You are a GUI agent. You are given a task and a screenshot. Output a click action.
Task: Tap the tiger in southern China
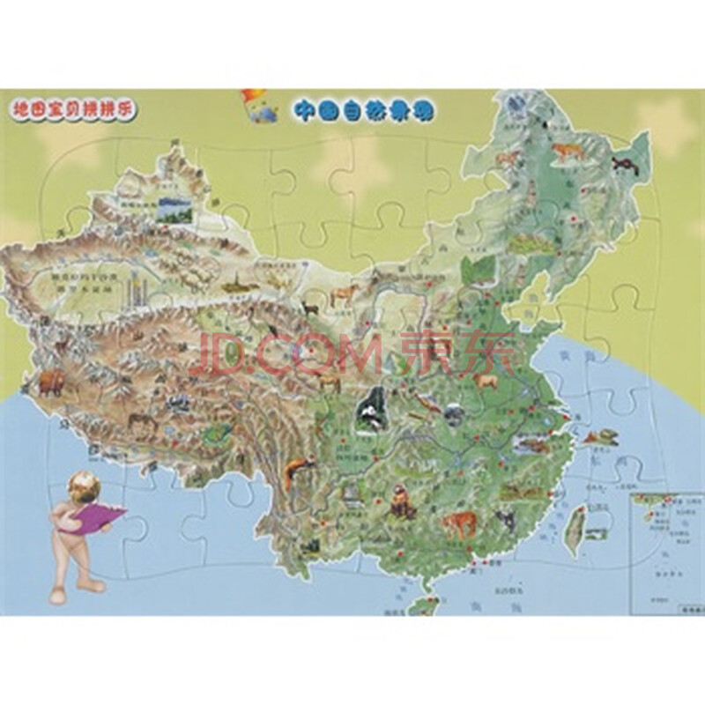click(x=456, y=525)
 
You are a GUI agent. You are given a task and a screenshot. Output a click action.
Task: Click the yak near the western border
click(x=49, y=382)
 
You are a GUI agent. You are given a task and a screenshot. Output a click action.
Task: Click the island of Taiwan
click(x=571, y=519)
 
